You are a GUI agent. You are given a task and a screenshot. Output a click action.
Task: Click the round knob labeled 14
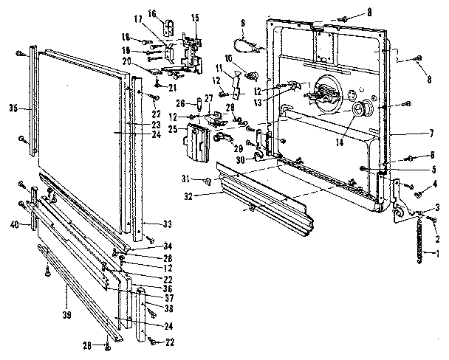pos(362,110)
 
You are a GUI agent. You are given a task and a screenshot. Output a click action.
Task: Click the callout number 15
pos(195,17)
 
